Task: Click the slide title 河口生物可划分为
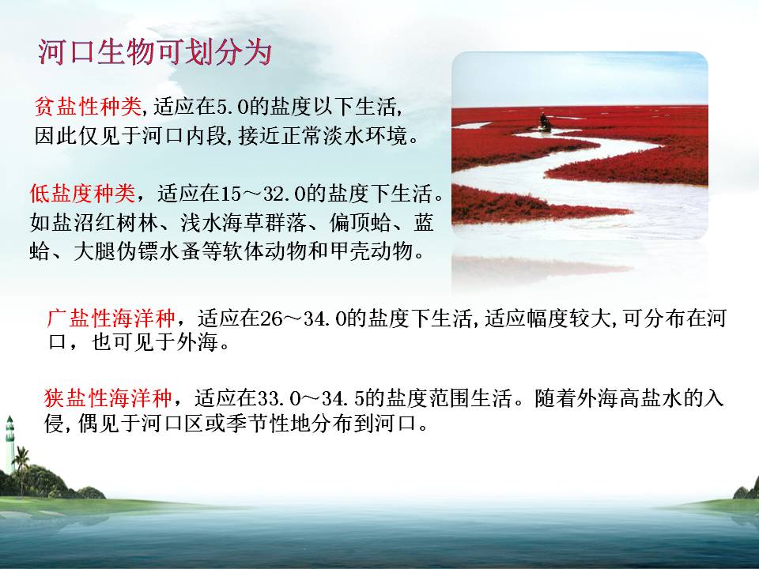[154, 52]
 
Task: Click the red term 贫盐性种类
[88, 107]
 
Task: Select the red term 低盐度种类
[82, 194]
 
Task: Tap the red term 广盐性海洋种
[111, 318]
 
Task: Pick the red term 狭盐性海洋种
[108, 398]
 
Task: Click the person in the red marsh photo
[545, 122]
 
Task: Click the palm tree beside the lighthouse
[21, 469]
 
